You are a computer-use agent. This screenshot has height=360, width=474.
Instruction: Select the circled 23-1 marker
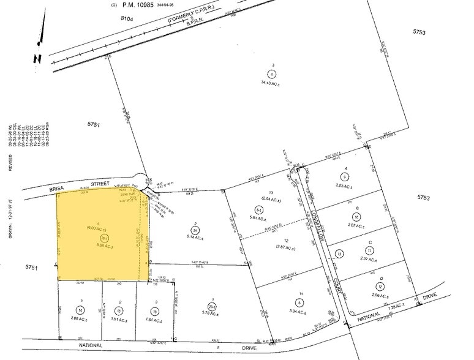coord(195,307)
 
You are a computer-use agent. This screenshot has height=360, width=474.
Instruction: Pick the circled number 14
coord(80,310)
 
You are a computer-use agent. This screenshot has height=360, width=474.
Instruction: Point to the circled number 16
coord(156,310)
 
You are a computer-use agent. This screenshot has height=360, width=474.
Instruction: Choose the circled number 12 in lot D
coord(380,287)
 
